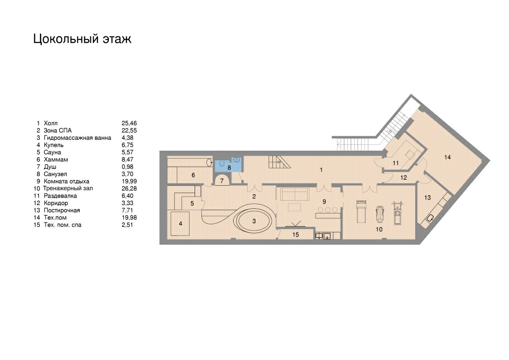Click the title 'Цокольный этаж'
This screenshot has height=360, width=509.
tap(83, 39)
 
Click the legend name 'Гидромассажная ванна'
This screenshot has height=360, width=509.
tap(77, 138)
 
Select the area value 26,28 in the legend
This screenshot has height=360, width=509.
tap(129, 188)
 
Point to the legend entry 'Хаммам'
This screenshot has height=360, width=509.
tap(56, 159)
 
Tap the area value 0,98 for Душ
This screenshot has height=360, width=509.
tap(127, 167)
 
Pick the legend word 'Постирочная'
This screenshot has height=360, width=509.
tap(62, 210)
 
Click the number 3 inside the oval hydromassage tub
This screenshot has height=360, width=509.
tap(254, 221)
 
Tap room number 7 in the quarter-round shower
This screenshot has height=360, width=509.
tap(222, 181)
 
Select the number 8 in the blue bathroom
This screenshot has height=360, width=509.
tap(229, 168)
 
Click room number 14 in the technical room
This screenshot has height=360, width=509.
tap(447, 157)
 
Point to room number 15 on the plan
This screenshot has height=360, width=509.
tap(295, 235)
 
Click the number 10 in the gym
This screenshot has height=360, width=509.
tap(379, 229)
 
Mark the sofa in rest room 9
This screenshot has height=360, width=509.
tap(294, 194)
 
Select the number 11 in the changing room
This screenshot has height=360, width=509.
tap(396, 163)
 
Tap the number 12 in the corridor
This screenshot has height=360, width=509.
tap(403, 178)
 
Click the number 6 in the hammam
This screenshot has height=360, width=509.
tap(193, 175)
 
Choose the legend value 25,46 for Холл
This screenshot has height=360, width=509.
tap(129, 123)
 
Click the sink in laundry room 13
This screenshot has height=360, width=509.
tap(430, 218)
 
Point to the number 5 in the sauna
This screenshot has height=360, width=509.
tap(192, 203)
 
